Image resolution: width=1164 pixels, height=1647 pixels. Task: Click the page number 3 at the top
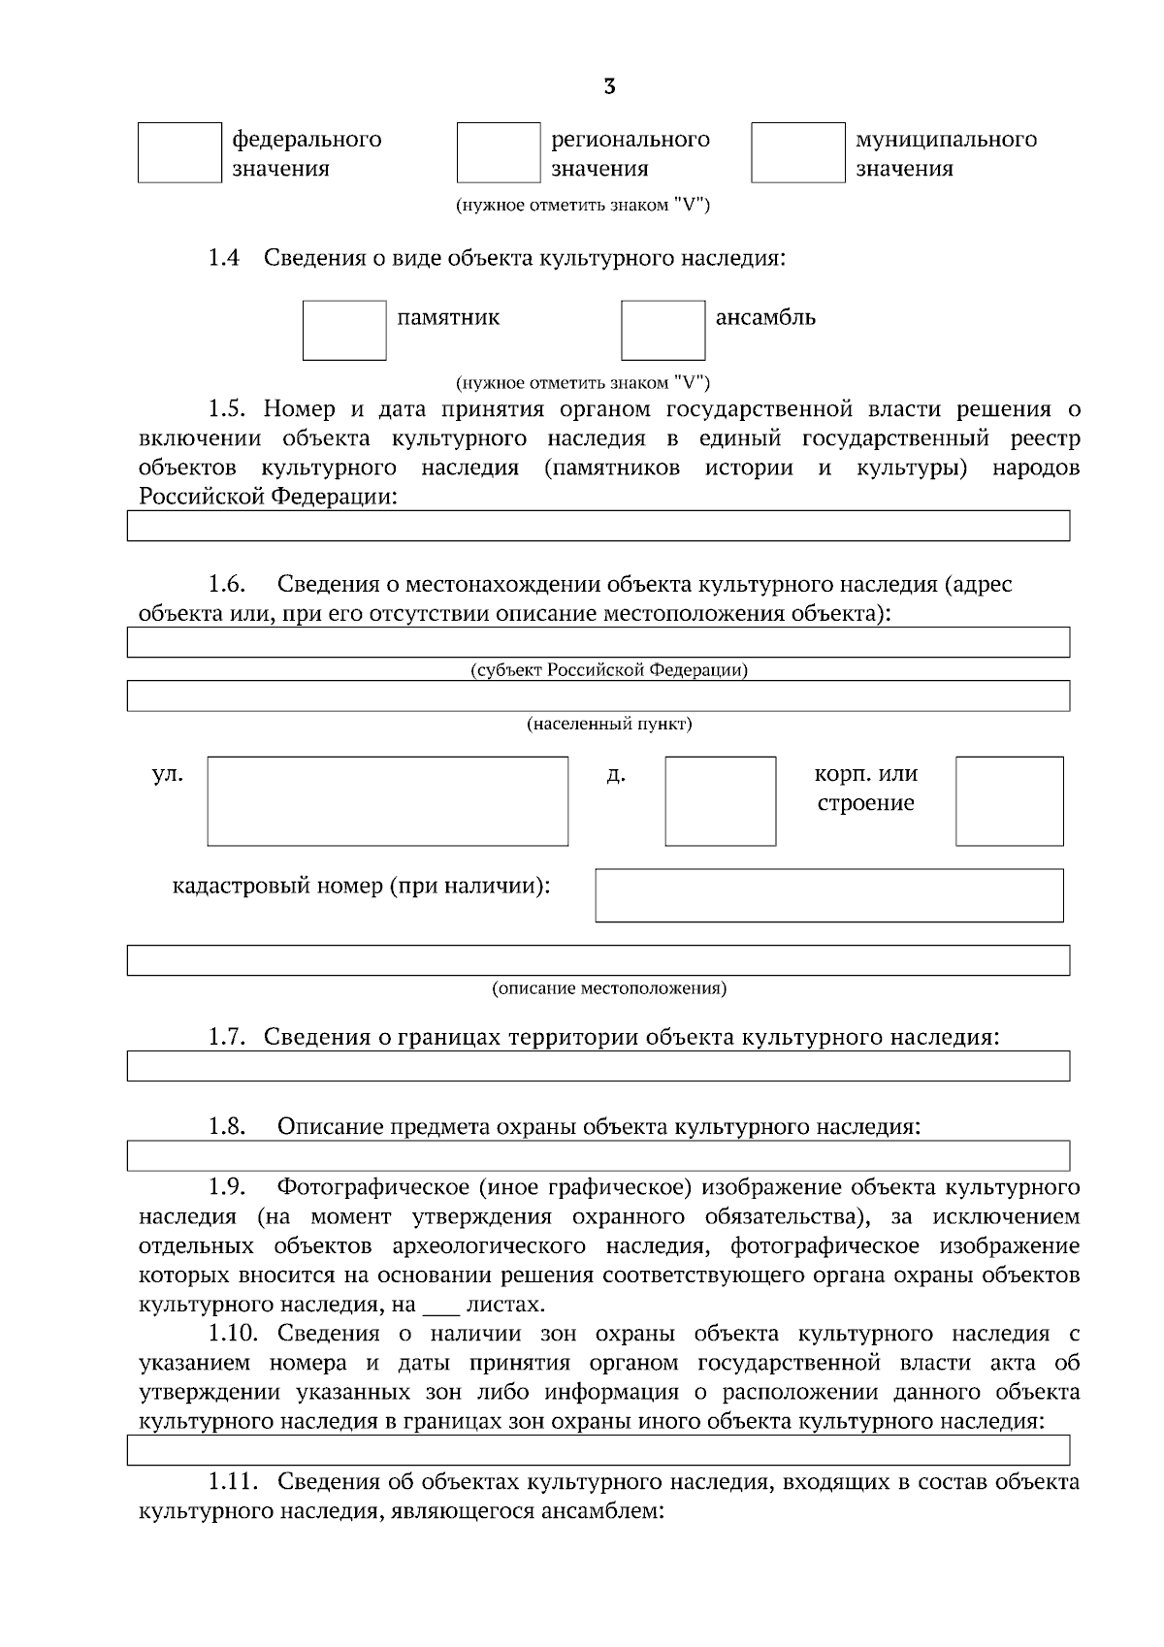click(609, 87)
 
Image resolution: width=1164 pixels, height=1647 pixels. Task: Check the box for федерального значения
click(179, 152)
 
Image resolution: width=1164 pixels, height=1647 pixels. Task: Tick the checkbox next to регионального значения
click(499, 152)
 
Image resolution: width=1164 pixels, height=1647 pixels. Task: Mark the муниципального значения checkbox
click(797, 152)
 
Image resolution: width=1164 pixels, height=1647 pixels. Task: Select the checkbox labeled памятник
click(344, 330)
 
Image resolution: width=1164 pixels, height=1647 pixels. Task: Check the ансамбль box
click(663, 330)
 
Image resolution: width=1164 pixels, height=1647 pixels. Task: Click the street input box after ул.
click(387, 801)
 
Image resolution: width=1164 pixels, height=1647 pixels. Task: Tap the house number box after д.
click(720, 801)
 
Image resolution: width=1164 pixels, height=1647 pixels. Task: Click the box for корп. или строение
click(1009, 801)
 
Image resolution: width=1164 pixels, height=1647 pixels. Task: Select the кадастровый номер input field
click(828, 894)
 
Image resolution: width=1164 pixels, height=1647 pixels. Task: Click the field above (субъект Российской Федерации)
click(598, 642)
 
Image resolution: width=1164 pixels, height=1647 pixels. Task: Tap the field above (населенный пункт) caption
click(598, 695)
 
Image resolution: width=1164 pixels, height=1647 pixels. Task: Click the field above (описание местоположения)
click(598, 959)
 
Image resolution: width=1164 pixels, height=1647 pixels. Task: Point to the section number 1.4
click(223, 259)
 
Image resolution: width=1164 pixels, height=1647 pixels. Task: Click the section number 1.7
click(225, 1037)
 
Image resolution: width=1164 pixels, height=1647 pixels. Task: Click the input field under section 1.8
click(598, 1155)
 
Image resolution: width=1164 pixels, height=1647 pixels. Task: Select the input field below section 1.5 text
click(598, 525)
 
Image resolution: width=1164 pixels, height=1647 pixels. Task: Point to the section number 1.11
click(233, 1482)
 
